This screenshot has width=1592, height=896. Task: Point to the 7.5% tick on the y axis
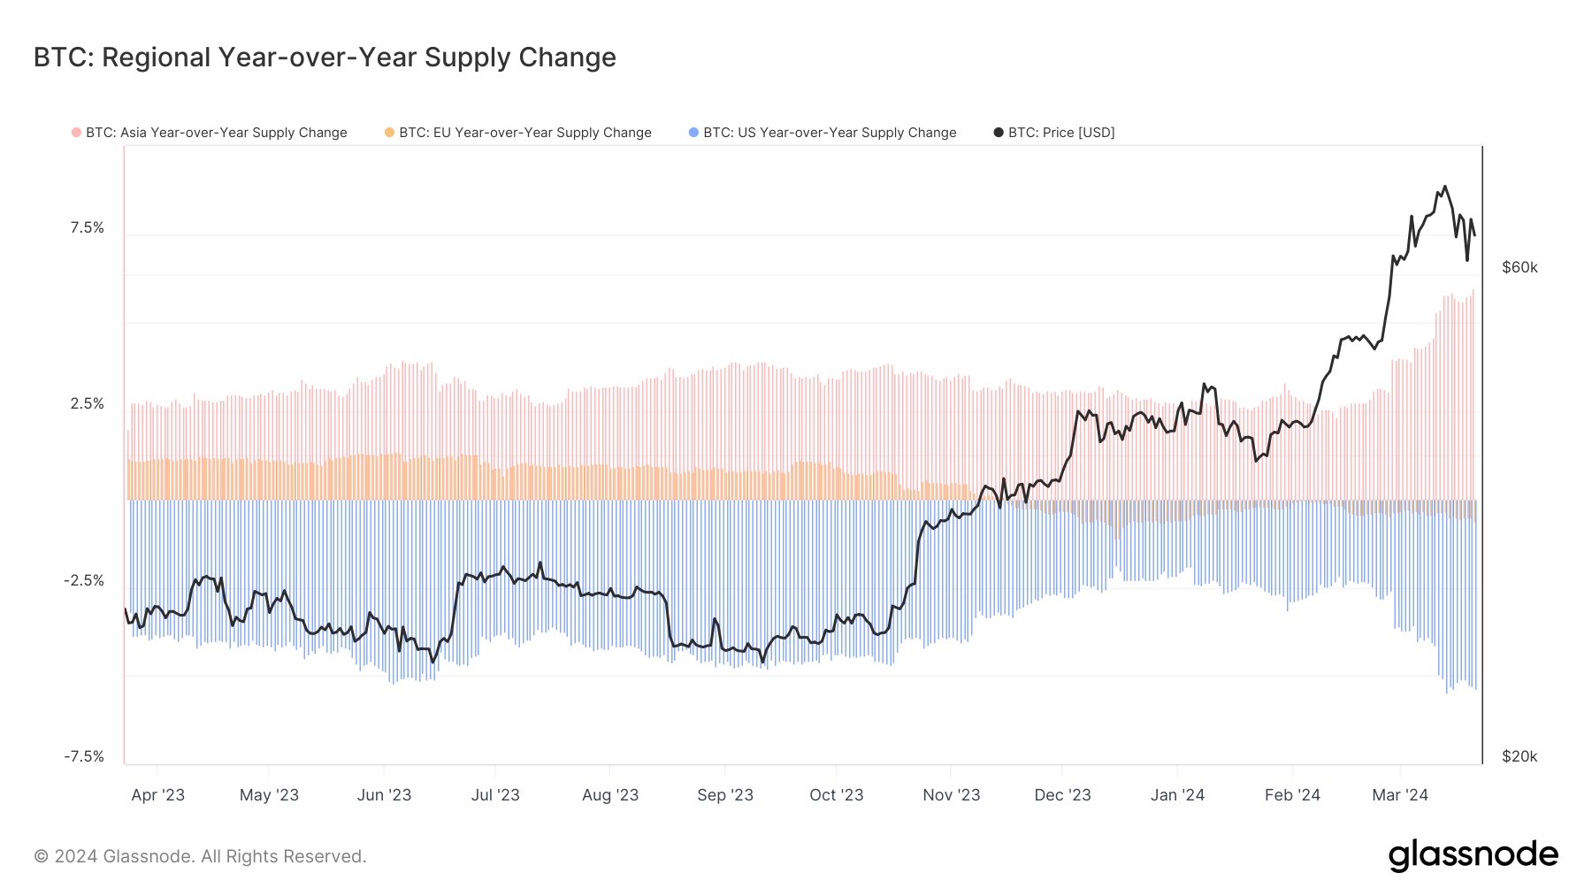coord(87,228)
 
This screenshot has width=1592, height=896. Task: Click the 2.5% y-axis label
coord(87,404)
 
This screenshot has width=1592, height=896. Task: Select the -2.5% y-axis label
coord(84,581)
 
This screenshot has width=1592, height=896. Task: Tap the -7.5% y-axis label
coord(84,757)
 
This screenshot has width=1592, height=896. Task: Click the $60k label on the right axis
coord(1519,268)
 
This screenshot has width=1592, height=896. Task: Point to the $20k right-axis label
coord(1519,757)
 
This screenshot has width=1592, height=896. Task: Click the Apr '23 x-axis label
coord(157,795)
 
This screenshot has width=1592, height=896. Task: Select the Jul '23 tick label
coord(495,795)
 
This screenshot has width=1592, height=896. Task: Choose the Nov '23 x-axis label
coord(951,795)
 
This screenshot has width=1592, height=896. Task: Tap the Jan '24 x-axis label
coord(1177,795)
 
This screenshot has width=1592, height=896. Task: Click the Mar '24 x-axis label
coord(1399,795)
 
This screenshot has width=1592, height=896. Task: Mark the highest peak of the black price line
coord(1444,187)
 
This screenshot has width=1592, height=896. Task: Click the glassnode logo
coord(1473,855)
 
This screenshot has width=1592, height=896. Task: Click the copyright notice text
coord(200,856)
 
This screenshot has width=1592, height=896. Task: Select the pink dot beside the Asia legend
coord(76,133)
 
